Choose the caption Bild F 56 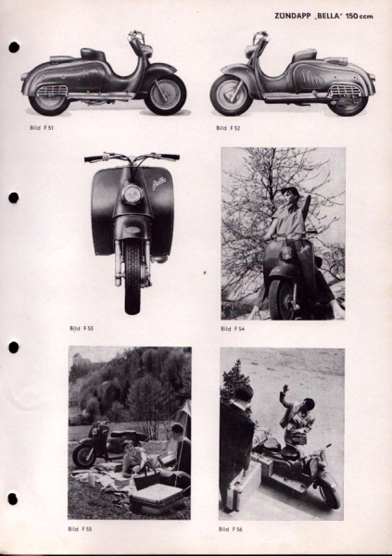pos(231,527)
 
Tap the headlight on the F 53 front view pos(132,195)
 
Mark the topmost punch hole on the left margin pos(14,46)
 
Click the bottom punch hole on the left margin pos(13,499)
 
